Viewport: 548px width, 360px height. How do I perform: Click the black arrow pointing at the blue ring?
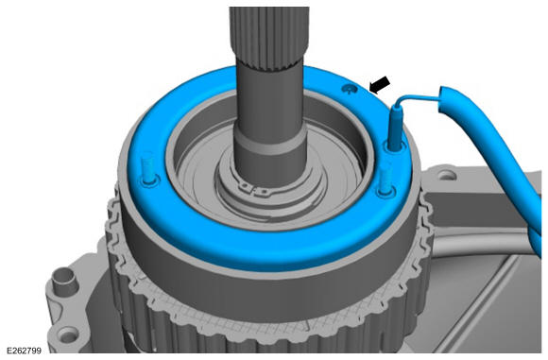[380, 85]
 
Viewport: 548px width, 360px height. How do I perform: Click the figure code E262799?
[24, 351]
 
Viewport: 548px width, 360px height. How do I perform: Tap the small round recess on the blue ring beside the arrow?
[350, 89]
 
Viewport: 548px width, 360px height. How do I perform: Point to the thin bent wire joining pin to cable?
[416, 96]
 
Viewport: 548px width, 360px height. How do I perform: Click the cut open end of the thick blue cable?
[443, 99]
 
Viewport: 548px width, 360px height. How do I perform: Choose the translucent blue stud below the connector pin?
[385, 179]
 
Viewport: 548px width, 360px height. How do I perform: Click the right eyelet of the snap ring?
[264, 192]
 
